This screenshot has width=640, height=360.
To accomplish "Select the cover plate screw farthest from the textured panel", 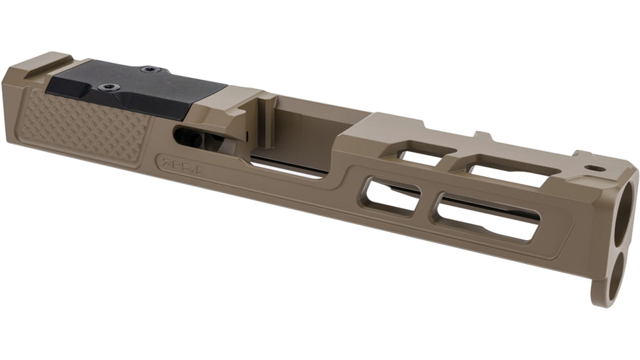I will pos(149,69).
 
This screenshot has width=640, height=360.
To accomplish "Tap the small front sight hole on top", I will pos(594,168).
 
